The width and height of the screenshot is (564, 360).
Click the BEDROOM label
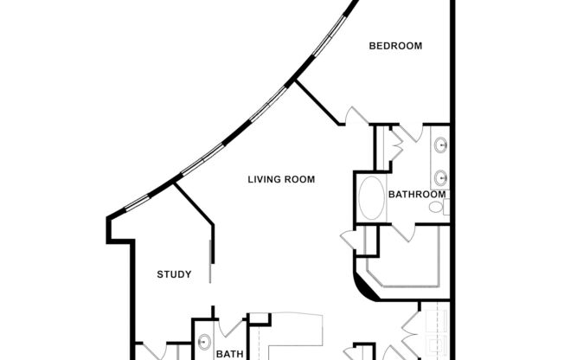(x=395, y=46)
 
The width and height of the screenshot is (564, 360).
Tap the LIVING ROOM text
(x=281, y=180)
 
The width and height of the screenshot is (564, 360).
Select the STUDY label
(x=174, y=275)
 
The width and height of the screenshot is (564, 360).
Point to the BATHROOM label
(x=417, y=195)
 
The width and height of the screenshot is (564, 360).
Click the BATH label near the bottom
(x=229, y=353)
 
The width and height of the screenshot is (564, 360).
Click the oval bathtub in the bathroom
(x=372, y=198)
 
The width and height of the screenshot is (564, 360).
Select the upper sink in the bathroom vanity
(x=440, y=145)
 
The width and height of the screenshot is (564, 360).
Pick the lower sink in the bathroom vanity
(x=440, y=177)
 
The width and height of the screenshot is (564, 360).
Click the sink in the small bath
(x=205, y=341)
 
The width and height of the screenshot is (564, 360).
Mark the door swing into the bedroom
(x=356, y=116)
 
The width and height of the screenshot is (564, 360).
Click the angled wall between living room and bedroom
(x=317, y=102)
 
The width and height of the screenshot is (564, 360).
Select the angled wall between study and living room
(x=195, y=203)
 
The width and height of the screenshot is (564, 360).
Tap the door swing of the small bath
(x=232, y=329)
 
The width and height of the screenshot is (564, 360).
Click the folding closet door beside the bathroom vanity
(x=395, y=144)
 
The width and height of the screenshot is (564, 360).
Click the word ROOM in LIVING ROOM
(x=298, y=180)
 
